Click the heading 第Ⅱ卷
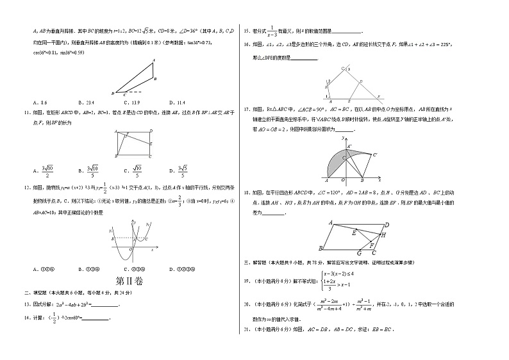129,281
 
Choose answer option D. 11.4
178,102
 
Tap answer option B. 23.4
85,102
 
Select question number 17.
247,109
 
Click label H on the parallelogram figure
383,235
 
